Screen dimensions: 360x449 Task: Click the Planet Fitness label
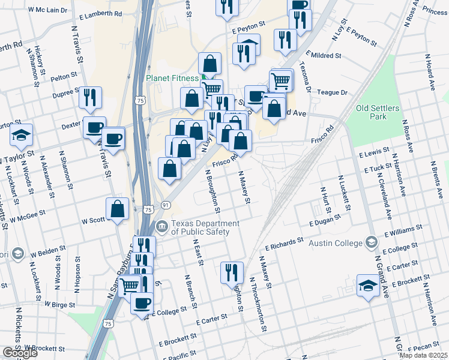click(x=172, y=78)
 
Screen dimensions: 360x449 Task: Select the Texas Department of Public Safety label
click(x=205, y=228)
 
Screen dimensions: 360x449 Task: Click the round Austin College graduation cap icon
click(x=371, y=242)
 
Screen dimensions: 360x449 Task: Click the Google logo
click(x=19, y=353)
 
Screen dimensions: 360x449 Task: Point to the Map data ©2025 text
click(x=423, y=355)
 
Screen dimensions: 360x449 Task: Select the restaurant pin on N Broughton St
click(x=231, y=273)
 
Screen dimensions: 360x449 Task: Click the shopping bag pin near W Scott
click(x=118, y=209)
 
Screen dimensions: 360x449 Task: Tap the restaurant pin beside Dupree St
click(x=90, y=97)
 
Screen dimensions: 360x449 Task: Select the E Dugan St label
click(x=325, y=223)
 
